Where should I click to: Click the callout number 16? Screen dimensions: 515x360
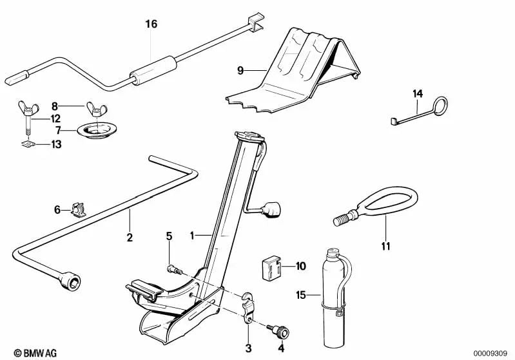click(x=151, y=24)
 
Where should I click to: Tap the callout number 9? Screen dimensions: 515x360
click(x=240, y=70)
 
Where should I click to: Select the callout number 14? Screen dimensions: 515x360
click(x=418, y=94)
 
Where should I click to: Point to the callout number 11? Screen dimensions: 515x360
click(x=385, y=246)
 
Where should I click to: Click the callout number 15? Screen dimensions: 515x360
click(x=301, y=295)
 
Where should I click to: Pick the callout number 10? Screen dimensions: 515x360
click(x=300, y=266)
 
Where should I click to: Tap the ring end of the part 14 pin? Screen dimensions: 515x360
click(x=440, y=106)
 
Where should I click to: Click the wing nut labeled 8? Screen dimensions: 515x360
click(x=96, y=110)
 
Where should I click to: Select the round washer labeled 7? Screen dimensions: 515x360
click(x=97, y=131)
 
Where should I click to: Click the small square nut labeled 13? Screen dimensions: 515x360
click(x=28, y=144)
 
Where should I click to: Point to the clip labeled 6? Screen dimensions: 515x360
click(x=78, y=210)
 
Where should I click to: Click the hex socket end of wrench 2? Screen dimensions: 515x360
click(x=71, y=281)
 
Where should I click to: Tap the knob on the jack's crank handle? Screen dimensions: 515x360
click(x=271, y=210)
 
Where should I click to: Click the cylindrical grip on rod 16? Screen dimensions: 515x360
click(x=153, y=71)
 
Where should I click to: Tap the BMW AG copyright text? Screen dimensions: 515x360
click(x=35, y=353)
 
